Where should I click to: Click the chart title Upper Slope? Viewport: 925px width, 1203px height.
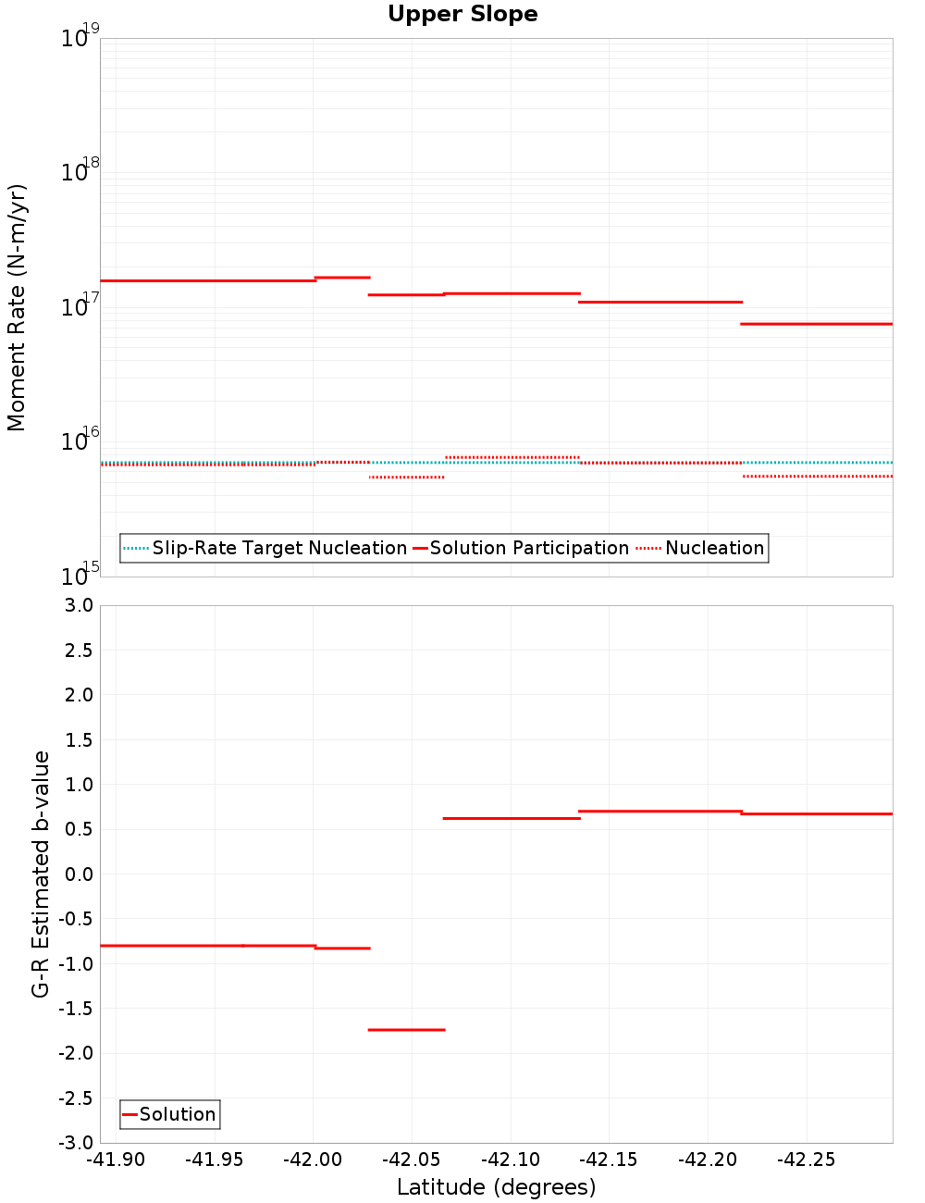[x=462, y=15]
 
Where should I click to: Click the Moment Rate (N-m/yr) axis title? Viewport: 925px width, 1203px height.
[x=17, y=307]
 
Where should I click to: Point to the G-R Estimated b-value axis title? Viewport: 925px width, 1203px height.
[x=41, y=874]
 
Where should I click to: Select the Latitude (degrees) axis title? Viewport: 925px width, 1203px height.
[x=496, y=1187]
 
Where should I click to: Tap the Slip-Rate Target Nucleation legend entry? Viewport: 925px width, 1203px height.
[x=278, y=549]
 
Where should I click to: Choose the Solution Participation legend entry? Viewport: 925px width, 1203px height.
[x=528, y=549]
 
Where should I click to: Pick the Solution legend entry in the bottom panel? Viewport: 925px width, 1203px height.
[x=177, y=1114]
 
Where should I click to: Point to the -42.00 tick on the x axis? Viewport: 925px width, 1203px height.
[x=314, y=1160]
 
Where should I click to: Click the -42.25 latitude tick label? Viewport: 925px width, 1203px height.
[x=806, y=1160]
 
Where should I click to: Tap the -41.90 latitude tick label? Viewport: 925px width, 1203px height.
[x=116, y=1160]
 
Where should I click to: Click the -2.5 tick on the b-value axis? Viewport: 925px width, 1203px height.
[x=73, y=1098]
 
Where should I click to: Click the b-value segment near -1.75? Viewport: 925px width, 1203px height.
[x=406, y=1029]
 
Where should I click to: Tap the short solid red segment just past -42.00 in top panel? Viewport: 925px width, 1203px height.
[x=342, y=278]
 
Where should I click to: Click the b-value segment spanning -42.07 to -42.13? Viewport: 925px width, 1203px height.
[x=512, y=818]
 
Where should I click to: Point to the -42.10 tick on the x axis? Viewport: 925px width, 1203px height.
[x=511, y=1160]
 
